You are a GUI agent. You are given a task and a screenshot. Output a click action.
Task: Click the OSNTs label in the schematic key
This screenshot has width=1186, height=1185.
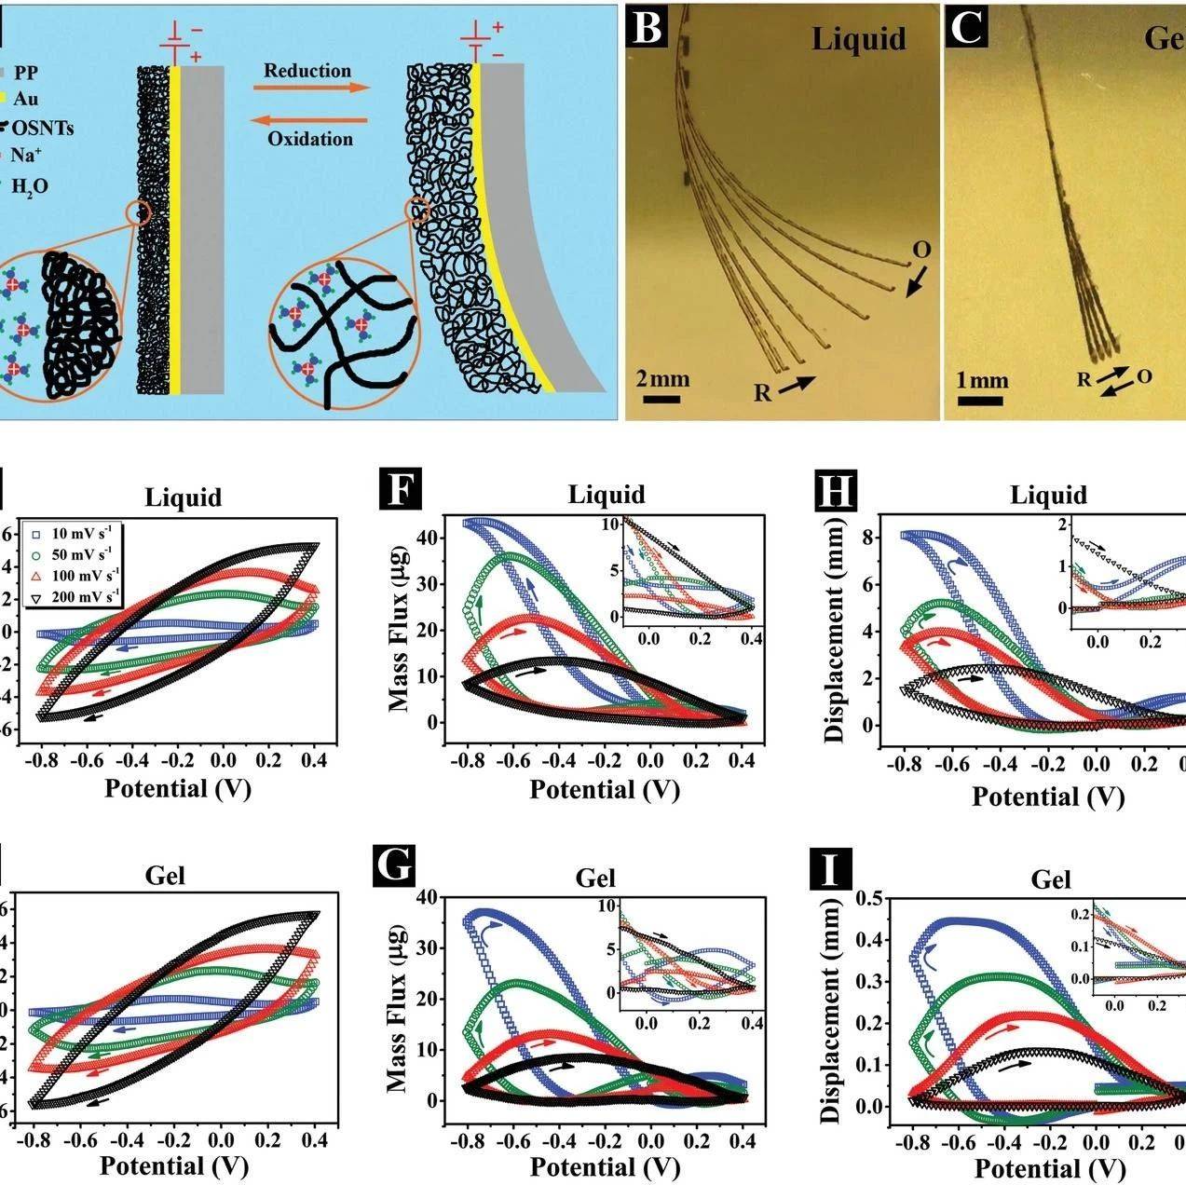click(42, 128)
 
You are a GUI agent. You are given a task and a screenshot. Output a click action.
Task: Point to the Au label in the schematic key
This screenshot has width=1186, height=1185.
click(25, 98)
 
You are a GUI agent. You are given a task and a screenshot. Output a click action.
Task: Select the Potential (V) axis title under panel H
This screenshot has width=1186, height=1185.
click(1048, 797)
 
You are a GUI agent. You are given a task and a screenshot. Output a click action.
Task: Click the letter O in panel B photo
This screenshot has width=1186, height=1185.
click(920, 250)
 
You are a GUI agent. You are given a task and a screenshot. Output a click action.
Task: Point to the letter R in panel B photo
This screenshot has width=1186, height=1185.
click(762, 392)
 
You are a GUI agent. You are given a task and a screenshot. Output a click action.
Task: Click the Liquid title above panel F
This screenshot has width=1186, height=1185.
click(607, 494)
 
